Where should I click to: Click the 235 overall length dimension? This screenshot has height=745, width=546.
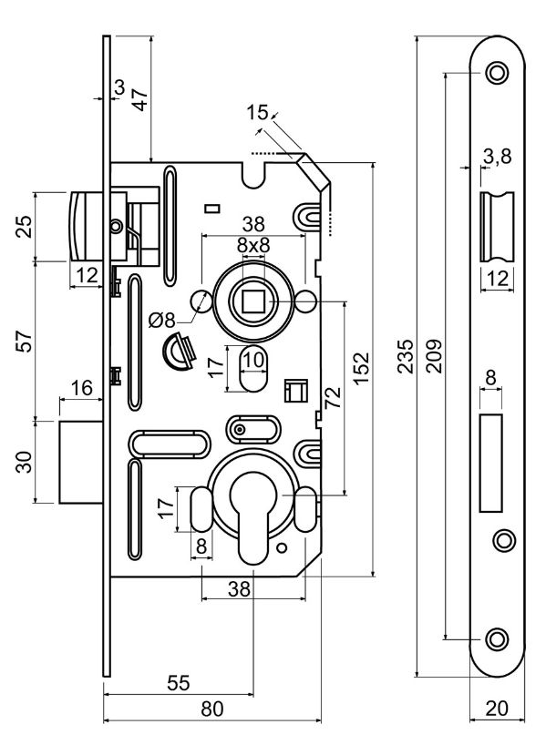point(406,356)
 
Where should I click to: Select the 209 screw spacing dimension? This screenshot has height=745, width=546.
point(434,356)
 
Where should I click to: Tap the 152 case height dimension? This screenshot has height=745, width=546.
point(361,368)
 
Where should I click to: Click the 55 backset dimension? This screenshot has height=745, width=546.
point(179,683)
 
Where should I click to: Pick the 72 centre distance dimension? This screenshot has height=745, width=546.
point(334,398)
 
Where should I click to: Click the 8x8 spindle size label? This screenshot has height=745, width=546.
point(253,246)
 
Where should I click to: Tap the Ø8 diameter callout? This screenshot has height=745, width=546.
point(162,321)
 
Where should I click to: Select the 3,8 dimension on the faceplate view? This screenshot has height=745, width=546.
point(497,156)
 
